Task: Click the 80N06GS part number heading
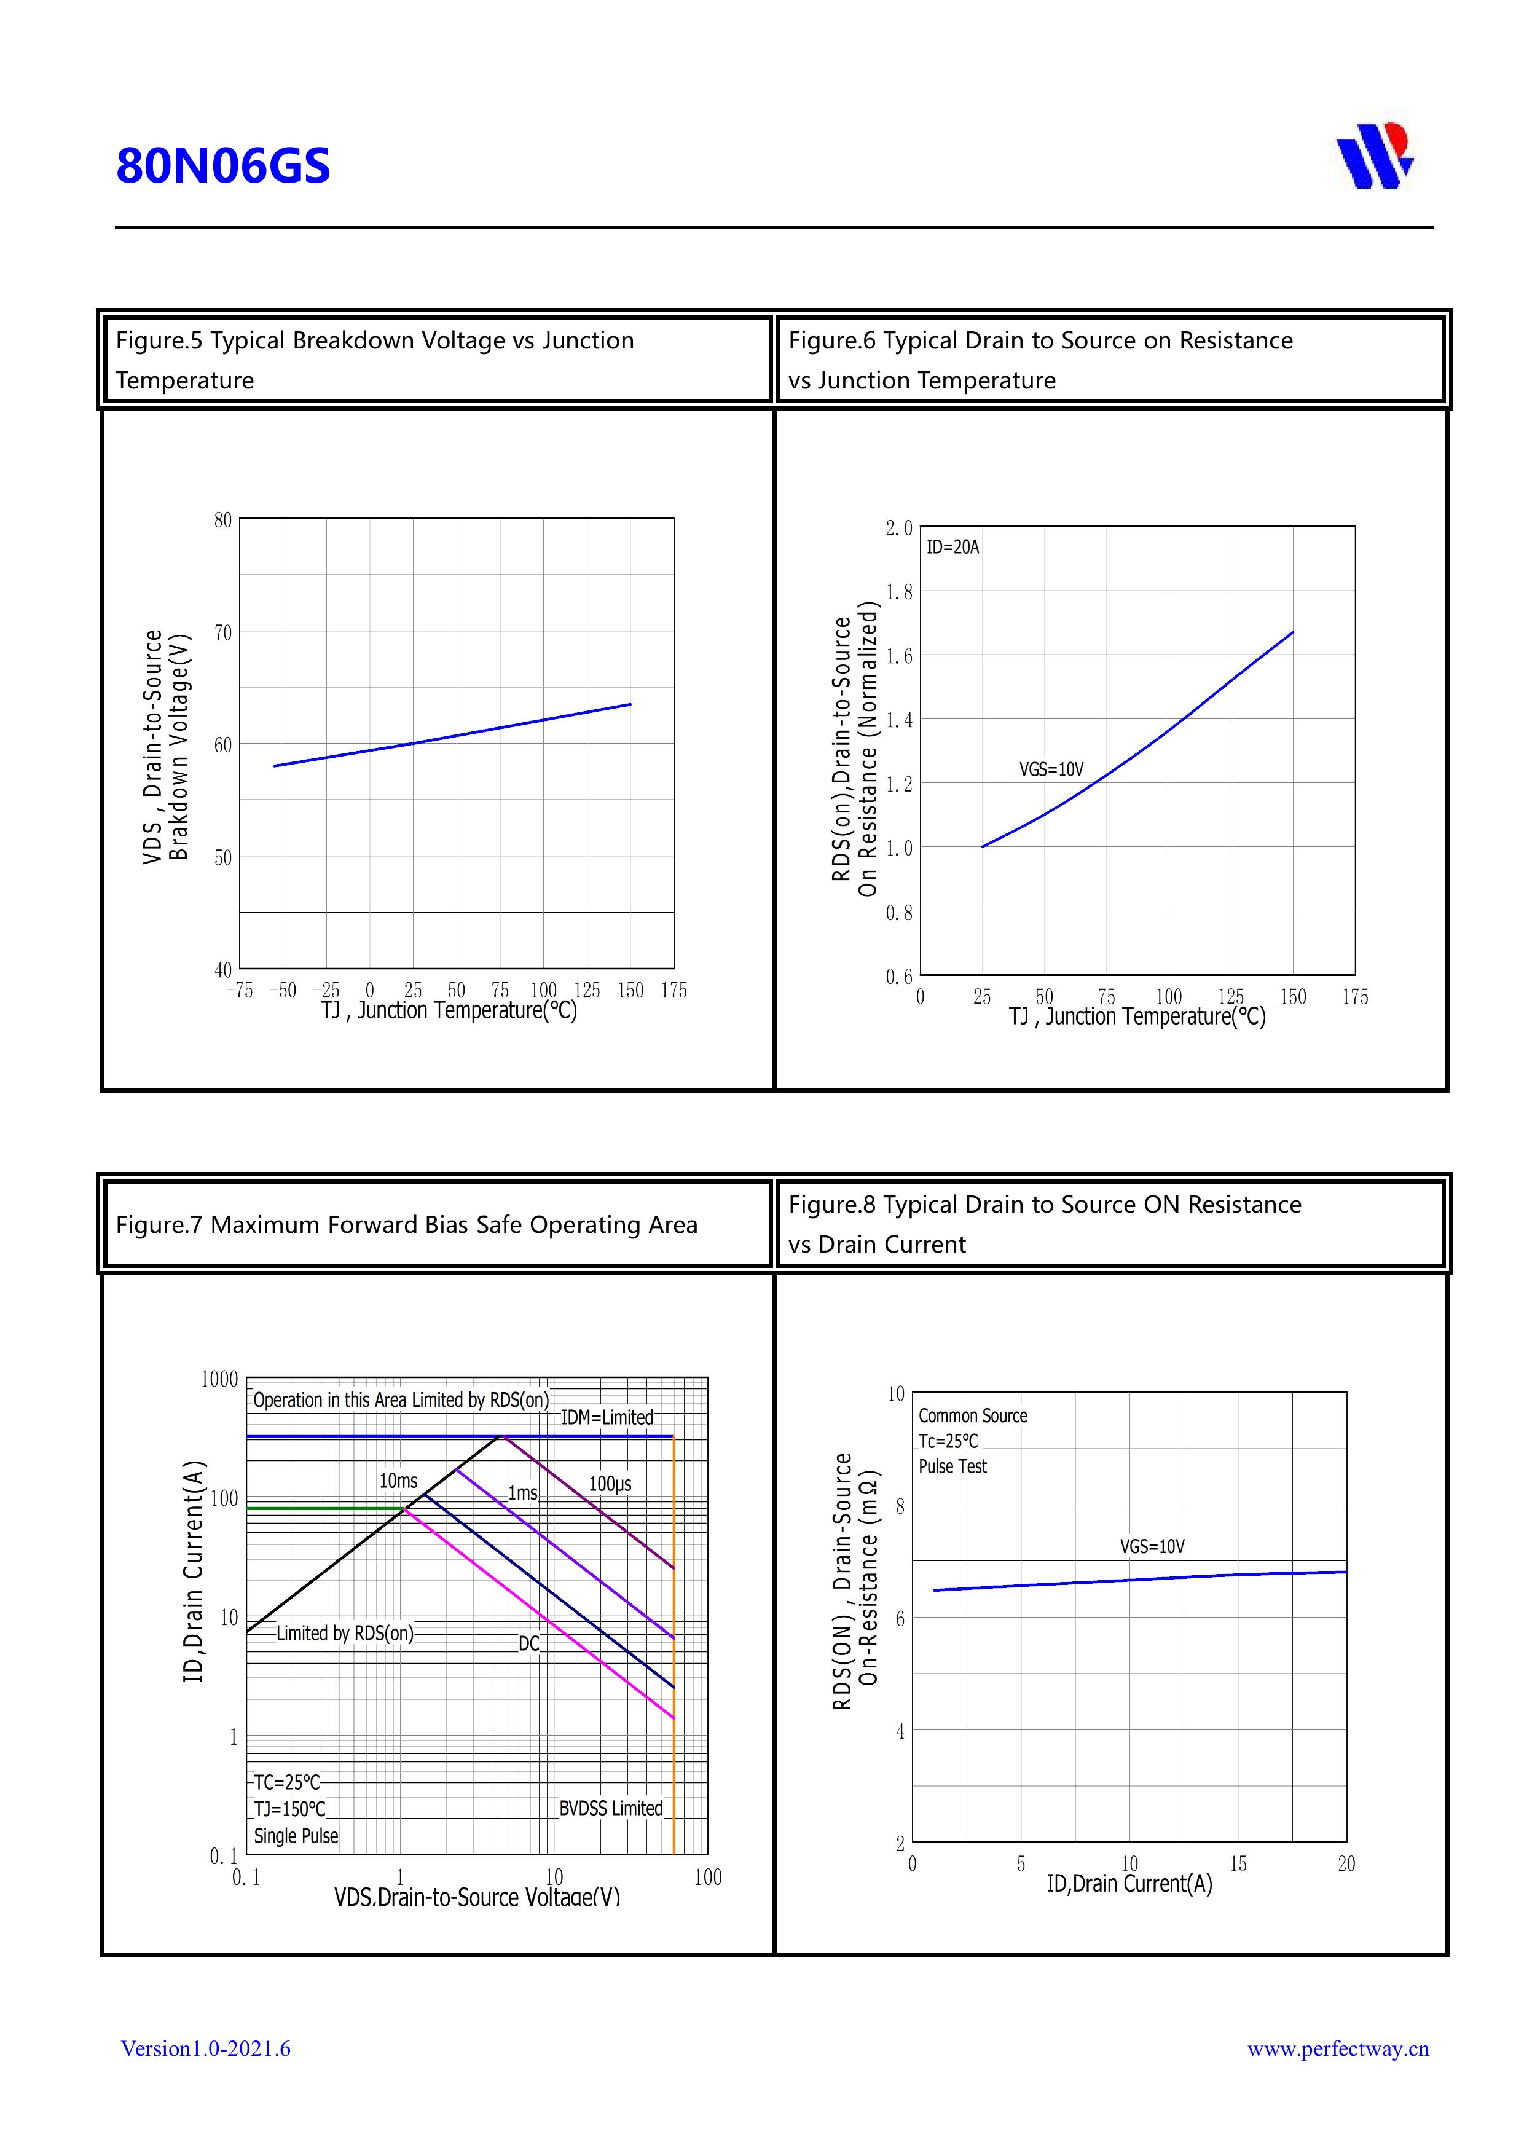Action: [224, 166]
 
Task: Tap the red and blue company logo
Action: [1375, 156]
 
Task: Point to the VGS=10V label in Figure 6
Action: [1051, 770]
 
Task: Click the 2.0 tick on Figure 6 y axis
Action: [898, 529]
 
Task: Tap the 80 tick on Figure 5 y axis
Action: [222, 520]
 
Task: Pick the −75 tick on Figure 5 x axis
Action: [240, 991]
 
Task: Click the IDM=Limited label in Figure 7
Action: [607, 1417]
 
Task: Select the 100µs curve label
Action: [610, 1484]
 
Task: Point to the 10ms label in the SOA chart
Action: [398, 1481]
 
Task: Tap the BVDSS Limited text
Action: [610, 1808]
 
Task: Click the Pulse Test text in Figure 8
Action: [952, 1466]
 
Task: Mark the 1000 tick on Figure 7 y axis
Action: [220, 1379]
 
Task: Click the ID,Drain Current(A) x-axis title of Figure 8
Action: [1129, 1884]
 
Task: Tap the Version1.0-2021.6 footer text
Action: [206, 2048]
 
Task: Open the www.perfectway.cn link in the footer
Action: [1337, 2048]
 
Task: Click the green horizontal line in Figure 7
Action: [324, 1508]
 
